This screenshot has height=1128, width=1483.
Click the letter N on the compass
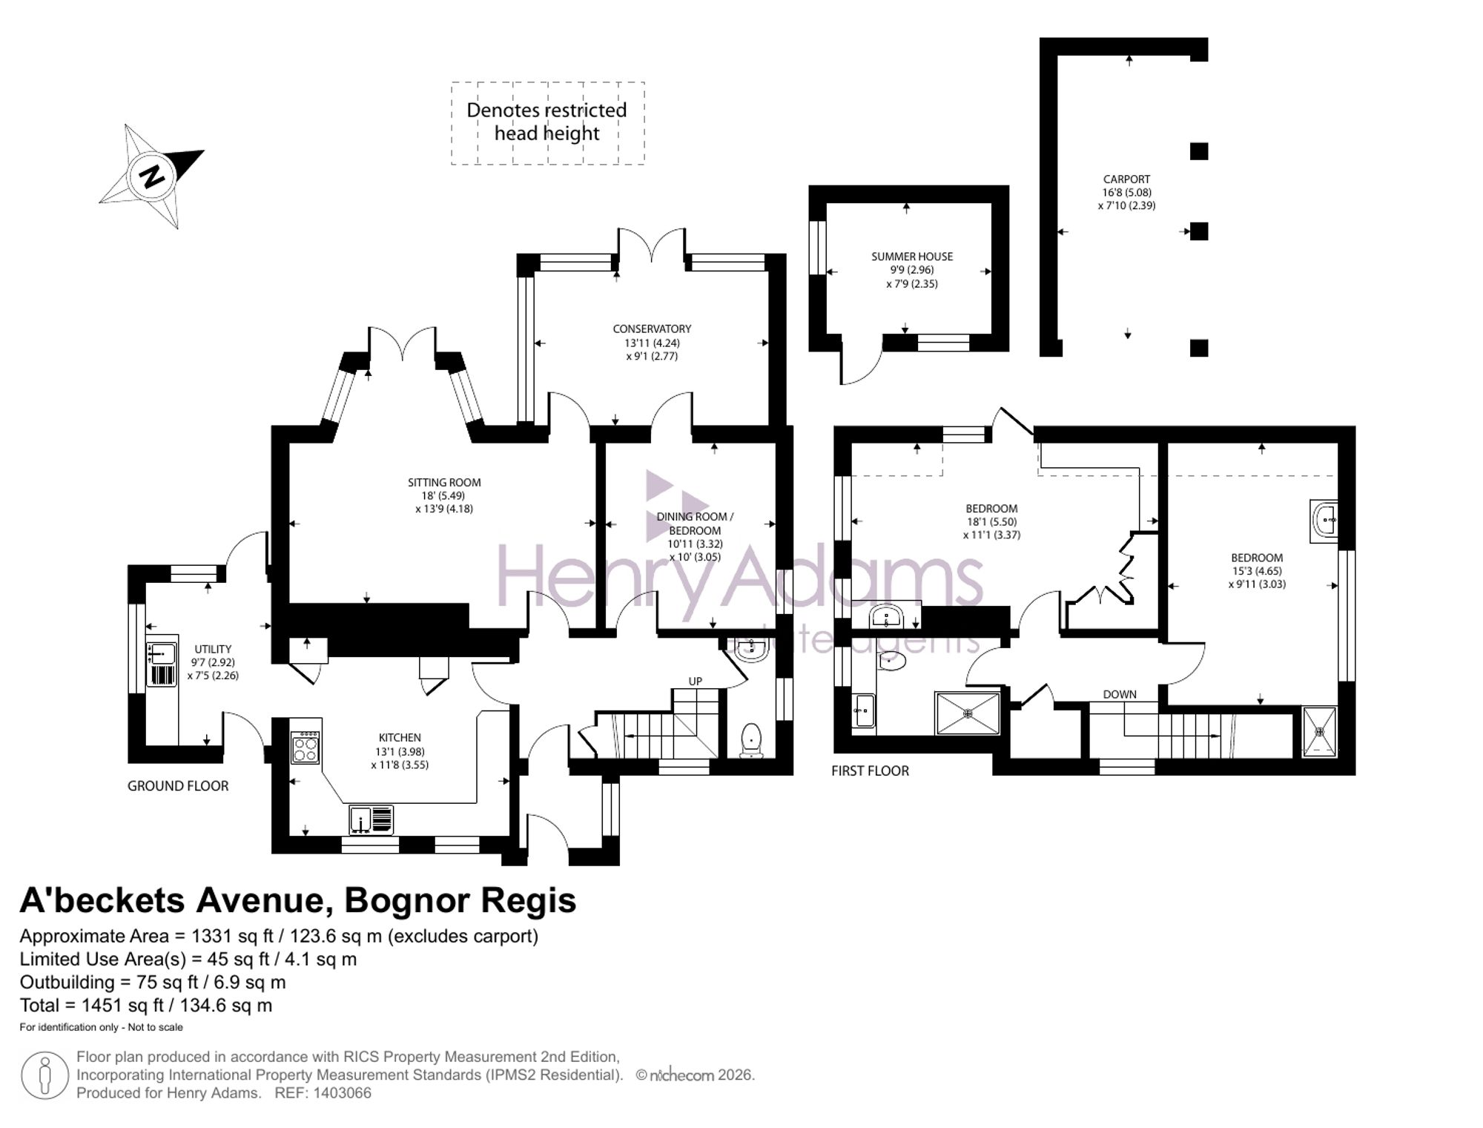click(153, 177)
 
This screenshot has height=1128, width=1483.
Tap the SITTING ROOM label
click(444, 483)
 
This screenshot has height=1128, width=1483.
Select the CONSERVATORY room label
click(652, 329)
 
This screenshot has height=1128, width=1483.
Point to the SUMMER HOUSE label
click(912, 257)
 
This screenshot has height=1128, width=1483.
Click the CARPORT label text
click(1126, 179)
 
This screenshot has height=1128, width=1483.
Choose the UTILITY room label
click(213, 650)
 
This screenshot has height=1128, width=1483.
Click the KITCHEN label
click(400, 738)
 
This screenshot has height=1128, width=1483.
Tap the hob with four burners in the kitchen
click(305, 747)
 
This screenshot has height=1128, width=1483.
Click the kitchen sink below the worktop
click(371, 820)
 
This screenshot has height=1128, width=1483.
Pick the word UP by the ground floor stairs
click(695, 682)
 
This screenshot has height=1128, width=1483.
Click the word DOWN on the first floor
click(1120, 695)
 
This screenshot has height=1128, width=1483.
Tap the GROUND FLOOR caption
click(178, 786)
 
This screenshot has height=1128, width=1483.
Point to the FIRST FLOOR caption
click(870, 771)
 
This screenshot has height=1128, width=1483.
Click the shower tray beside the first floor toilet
click(967, 713)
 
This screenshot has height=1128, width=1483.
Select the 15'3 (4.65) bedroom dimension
click(1257, 572)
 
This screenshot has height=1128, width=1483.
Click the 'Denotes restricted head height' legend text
click(546, 122)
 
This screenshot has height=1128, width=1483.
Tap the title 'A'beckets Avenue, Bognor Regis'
click(298, 900)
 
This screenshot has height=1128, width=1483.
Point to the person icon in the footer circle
click(45, 1075)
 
